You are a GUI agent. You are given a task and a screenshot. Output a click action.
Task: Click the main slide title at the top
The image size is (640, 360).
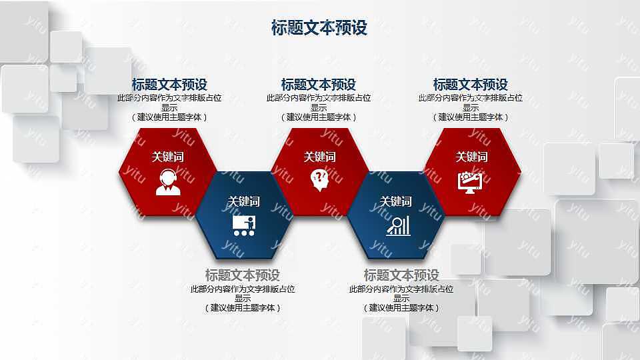pyautogui.click(x=319, y=27)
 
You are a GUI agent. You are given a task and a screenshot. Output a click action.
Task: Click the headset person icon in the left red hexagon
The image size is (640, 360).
pyautogui.click(x=168, y=182)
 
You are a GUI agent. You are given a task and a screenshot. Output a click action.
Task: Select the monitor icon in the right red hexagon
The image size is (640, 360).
pyautogui.click(x=471, y=181)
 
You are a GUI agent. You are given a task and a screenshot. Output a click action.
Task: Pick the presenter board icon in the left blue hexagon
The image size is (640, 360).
pyautogui.click(x=244, y=225)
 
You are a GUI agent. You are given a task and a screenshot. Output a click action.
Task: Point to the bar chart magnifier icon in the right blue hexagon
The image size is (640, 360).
pyautogui.click(x=397, y=225)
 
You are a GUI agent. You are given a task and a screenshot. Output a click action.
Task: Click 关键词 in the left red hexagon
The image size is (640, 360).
pyautogui.click(x=168, y=157)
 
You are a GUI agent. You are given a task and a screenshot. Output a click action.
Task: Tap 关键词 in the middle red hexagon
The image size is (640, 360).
pyautogui.click(x=320, y=157)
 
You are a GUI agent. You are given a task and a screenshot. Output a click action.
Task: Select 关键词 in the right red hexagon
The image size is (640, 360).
pyautogui.click(x=471, y=157)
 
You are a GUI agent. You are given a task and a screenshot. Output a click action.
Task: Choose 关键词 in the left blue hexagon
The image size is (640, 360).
pyautogui.click(x=244, y=201)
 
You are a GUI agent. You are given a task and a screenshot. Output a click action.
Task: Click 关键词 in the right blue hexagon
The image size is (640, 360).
pyautogui.click(x=396, y=201)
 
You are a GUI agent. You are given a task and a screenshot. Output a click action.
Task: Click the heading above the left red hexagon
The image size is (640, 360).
pyautogui.click(x=169, y=85)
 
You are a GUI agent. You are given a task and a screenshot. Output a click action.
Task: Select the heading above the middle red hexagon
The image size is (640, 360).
pyautogui.click(x=319, y=85)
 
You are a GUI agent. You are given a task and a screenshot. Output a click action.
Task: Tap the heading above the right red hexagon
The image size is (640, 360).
pyautogui.click(x=471, y=85)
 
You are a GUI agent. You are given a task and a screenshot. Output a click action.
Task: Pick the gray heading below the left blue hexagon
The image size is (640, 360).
pyautogui.click(x=243, y=275)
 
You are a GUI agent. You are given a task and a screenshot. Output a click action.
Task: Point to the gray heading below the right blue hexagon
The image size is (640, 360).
pyautogui.click(x=401, y=275)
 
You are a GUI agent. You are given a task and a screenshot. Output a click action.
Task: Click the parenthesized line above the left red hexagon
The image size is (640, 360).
pyautogui.click(x=169, y=117)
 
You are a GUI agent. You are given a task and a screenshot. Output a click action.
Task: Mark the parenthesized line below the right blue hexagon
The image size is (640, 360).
pyautogui.click(x=401, y=308)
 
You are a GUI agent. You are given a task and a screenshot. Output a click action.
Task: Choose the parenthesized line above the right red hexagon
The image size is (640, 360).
pyautogui.click(x=471, y=117)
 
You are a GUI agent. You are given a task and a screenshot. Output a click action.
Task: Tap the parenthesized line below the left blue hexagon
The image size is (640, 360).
pyautogui.click(x=243, y=308)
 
